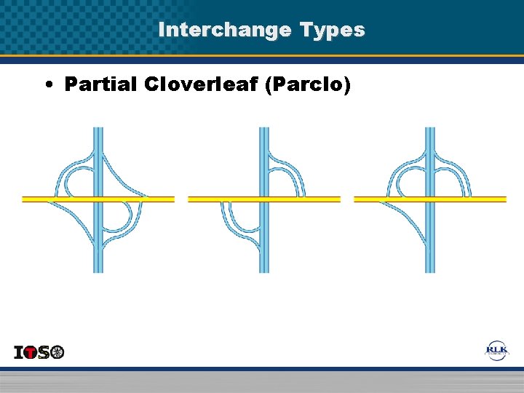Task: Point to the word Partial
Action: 101,84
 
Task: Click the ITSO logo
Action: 39,352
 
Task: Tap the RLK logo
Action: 497,351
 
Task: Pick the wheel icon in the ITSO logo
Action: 57,352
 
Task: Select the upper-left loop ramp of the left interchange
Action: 74,178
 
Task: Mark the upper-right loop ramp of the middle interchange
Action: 287,178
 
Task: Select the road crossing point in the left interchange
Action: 98,198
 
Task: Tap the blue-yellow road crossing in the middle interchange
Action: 263,198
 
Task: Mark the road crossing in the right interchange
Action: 429,198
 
